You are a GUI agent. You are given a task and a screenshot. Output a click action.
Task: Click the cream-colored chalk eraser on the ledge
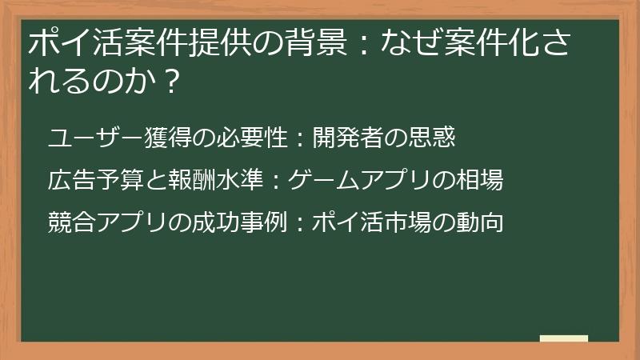click(x=564, y=339)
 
